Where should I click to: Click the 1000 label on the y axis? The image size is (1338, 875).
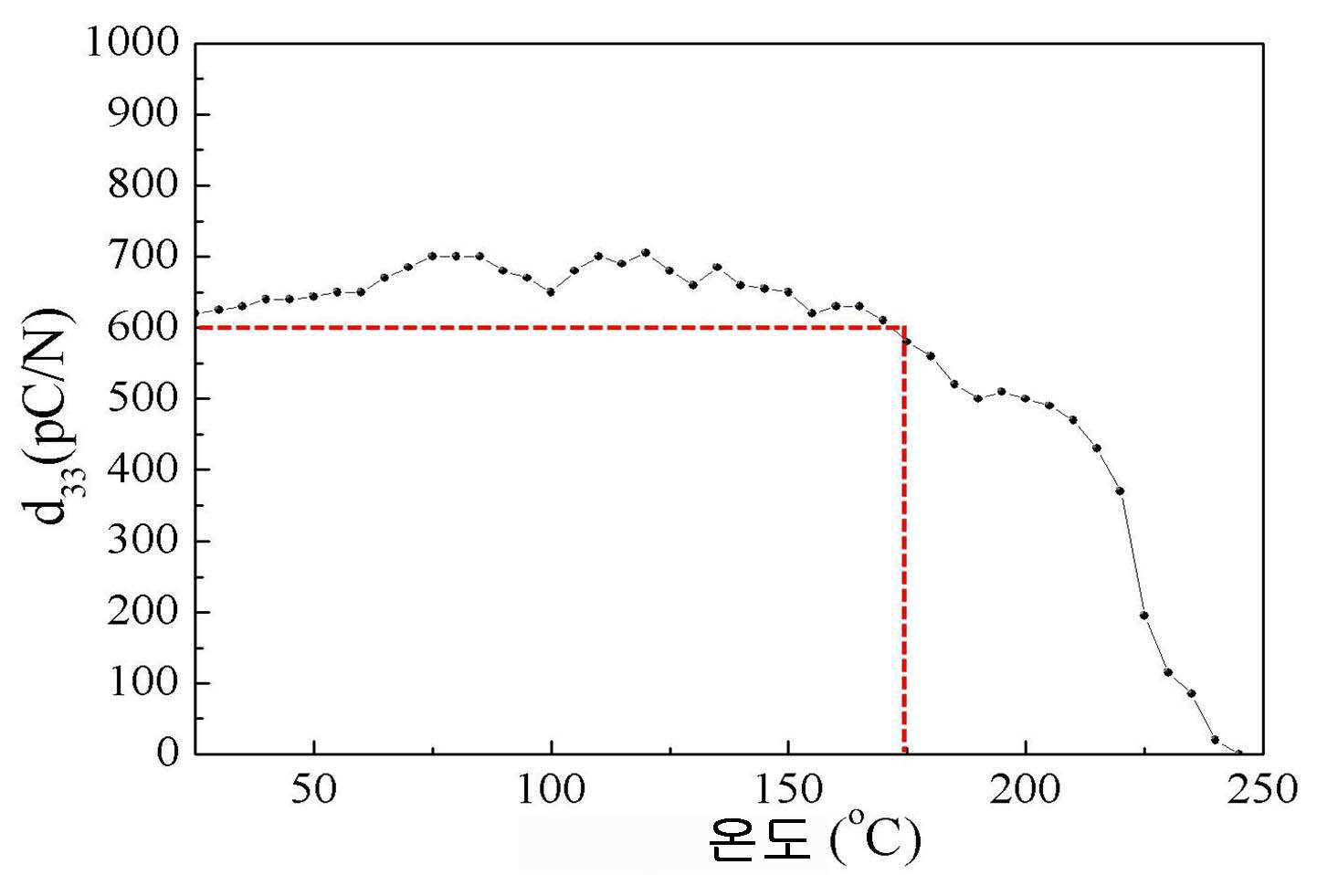132,43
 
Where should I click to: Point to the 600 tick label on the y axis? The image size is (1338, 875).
143,327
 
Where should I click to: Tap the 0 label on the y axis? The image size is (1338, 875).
168,754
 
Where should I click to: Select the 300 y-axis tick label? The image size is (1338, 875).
143,541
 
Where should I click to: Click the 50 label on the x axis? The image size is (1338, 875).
313,789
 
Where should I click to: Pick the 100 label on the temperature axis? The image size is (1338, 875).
551,789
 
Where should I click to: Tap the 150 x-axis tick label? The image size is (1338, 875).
788,789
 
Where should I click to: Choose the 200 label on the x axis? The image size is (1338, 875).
1025,789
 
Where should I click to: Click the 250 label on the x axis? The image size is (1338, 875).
1262,789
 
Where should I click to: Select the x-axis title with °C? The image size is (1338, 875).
816,838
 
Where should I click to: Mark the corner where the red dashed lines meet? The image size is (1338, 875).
904,327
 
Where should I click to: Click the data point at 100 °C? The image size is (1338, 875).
551,292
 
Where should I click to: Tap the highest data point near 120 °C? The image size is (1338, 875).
646,253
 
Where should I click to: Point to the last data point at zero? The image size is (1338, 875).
1238,754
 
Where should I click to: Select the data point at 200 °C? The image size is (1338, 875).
1025,398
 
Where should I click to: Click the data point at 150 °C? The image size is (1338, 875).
788,292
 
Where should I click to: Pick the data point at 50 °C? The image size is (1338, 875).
313,296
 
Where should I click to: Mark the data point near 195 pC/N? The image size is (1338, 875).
1143,616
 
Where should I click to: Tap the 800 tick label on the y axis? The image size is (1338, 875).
143,185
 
